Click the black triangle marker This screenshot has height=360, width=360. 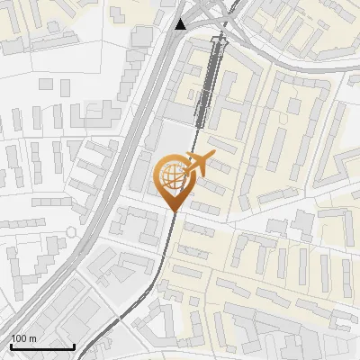[x=182, y=23]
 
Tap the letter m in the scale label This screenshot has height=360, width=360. [x=33, y=338]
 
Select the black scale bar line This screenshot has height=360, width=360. [x=41, y=346]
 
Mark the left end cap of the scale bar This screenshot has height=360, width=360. [x=11, y=346]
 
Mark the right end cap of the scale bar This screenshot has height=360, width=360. [x=74, y=346]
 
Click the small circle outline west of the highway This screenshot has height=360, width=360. [x=71, y=232]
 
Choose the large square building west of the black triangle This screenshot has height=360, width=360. [x=141, y=36]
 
